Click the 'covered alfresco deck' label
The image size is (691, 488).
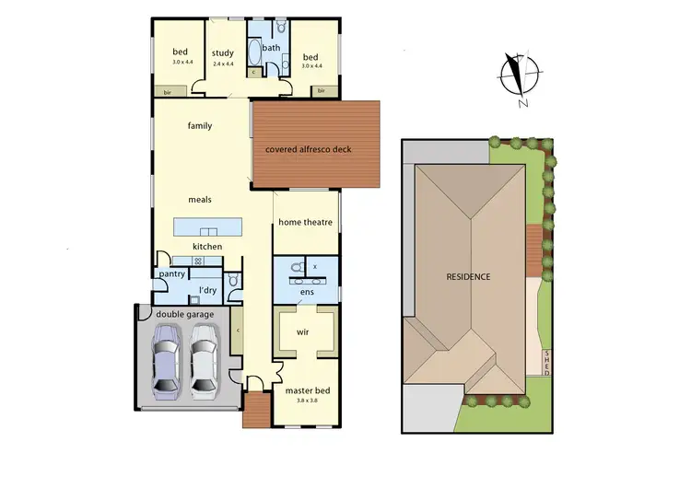point(308,149)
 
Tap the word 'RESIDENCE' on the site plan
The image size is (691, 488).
point(470,276)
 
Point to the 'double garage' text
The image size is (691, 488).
point(184,314)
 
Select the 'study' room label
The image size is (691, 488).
point(223,52)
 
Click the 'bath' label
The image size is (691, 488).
point(271,47)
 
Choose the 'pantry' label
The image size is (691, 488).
point(172,273)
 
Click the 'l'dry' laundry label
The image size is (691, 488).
point(207,290)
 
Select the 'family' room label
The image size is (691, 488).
point(200,125)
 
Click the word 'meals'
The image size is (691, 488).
point(201,198)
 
